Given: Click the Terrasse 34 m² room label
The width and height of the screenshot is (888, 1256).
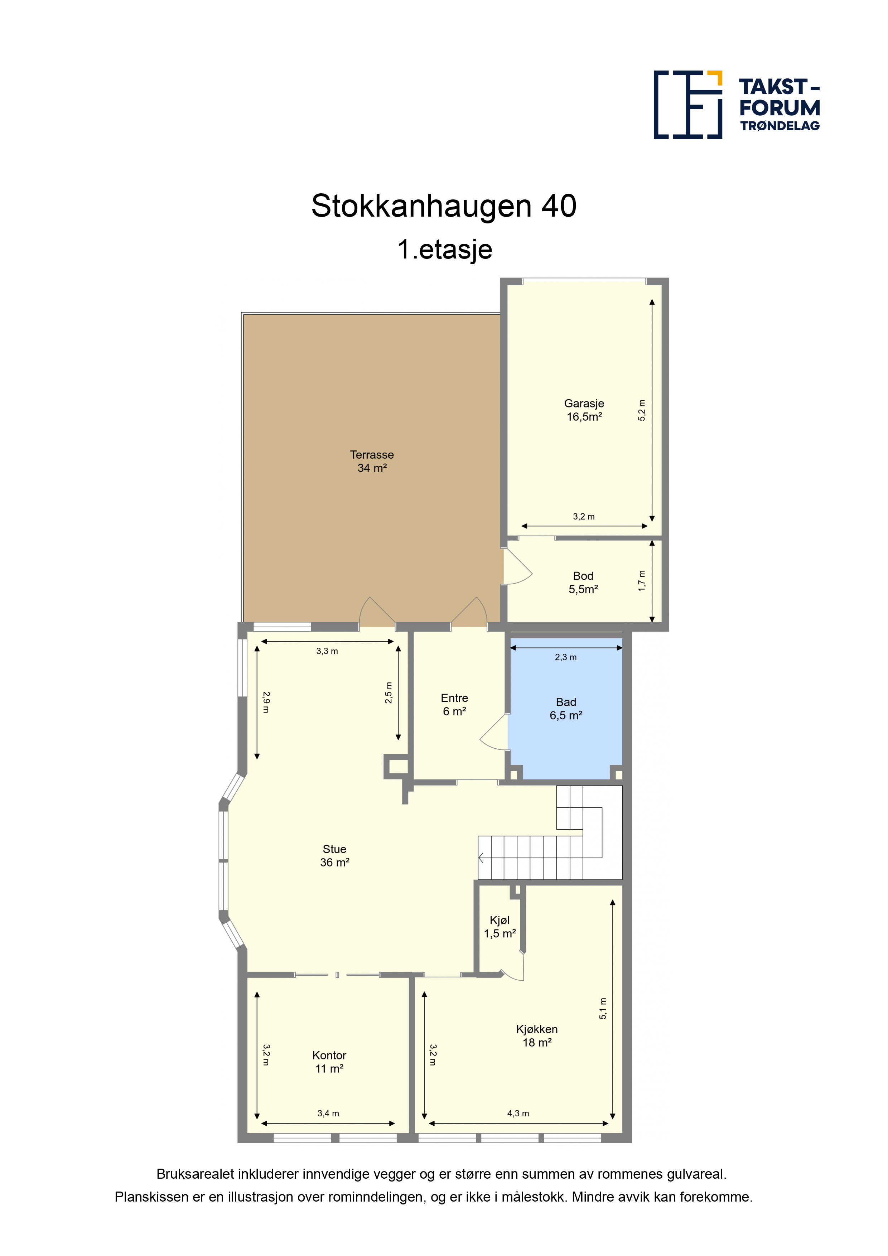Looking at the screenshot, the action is (372, 461).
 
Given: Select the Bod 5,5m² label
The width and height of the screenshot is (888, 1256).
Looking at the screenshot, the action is (583, 583).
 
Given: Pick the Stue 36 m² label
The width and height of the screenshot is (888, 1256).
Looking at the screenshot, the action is (334, 856).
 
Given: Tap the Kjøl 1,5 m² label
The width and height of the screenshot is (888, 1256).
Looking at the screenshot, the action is (500, 927).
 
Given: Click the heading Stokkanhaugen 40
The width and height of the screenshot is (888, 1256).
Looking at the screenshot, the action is (444, 206).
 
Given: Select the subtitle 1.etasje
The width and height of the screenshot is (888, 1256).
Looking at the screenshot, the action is (445, 250).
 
